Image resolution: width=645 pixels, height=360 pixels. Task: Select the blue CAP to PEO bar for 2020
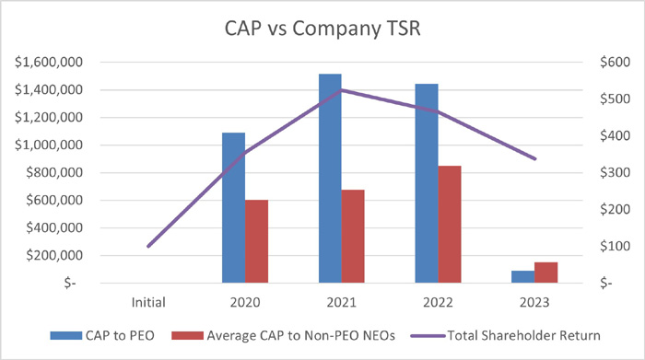tap(234, 207)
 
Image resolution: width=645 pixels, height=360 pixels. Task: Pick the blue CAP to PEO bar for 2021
tap(330, 178)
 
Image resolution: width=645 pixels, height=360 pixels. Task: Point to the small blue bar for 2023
tap(522, 276)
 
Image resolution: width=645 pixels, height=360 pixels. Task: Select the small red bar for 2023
tap(545, 273)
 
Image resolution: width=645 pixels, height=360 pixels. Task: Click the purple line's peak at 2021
tap(341, 90)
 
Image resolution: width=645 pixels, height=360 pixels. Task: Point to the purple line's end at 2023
tap(534, 159)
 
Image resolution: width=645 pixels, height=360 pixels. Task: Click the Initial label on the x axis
tap(148, 300)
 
